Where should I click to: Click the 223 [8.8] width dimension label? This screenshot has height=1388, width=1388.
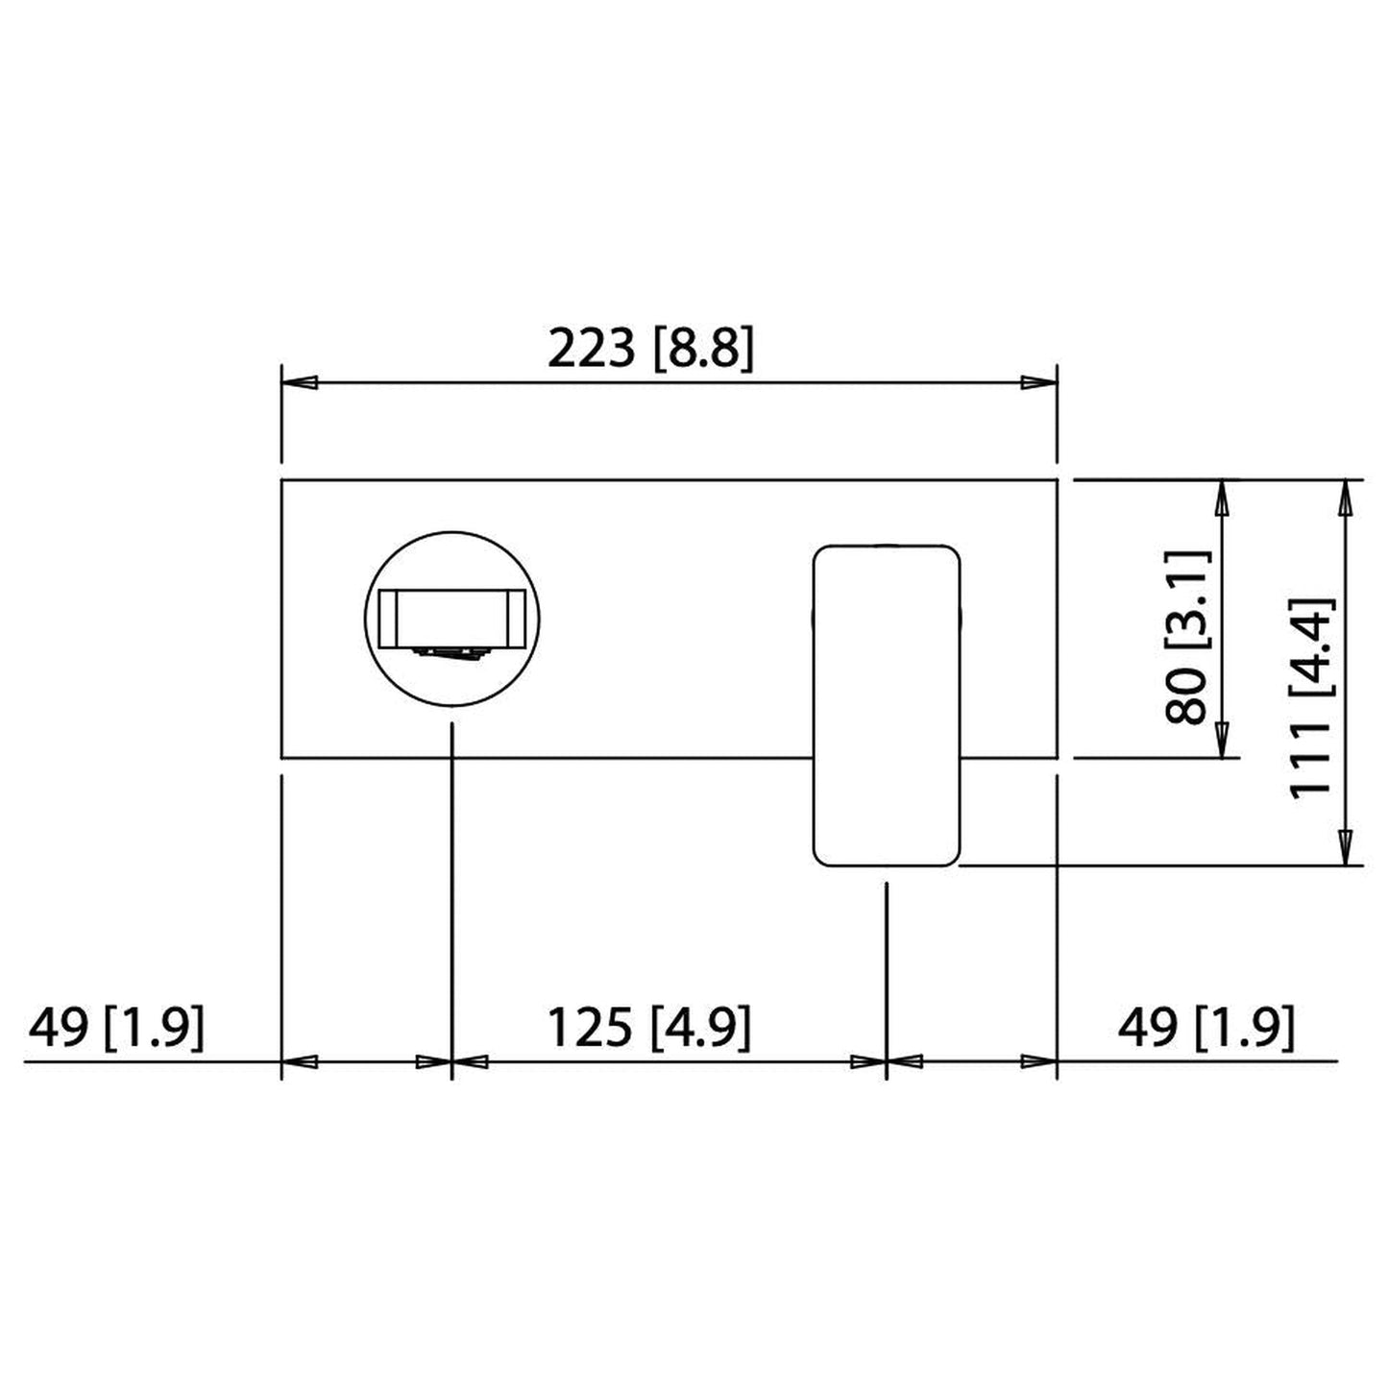(650, 349)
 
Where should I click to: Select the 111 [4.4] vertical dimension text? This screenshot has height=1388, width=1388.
(1311, 697)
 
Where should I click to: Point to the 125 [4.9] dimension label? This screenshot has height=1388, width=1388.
(648, 1028)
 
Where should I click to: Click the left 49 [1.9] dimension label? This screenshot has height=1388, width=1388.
(116, 1028)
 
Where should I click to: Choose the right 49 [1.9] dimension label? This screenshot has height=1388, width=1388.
(1205, 1028)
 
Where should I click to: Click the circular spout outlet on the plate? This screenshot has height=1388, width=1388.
(452, 621)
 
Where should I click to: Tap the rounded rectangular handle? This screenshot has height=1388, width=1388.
(886, 706)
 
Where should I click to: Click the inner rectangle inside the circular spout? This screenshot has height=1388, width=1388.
(451, 617)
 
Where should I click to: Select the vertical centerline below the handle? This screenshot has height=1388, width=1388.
(886, 961)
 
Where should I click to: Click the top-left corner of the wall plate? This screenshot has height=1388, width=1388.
(281, 479)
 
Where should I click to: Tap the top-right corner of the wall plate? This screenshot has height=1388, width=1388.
(1057, 479)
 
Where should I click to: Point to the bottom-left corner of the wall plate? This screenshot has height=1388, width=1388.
(281, 757)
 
